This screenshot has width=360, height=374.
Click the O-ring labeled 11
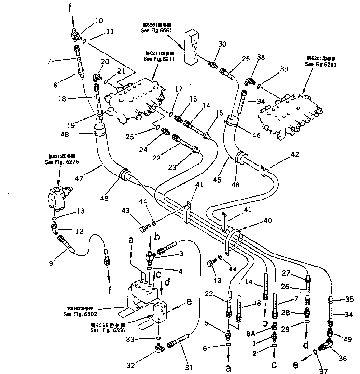85,41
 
